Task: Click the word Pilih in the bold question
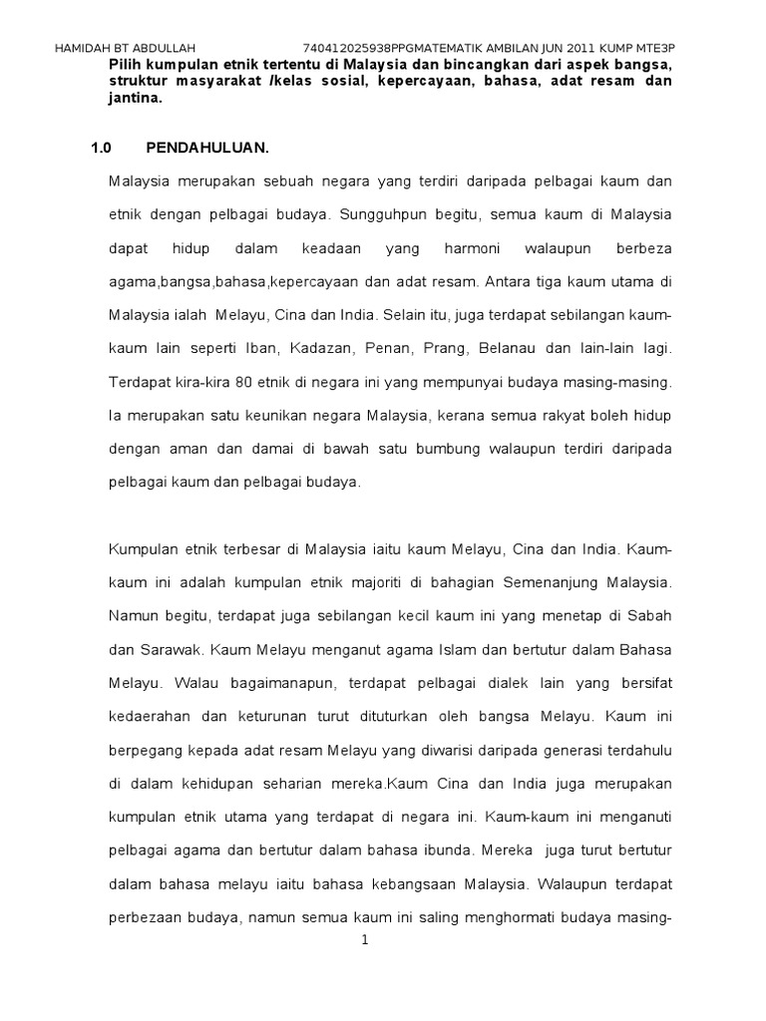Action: click(127, 64)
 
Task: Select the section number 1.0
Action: click(101, 148)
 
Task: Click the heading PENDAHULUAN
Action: click(206, 148)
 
